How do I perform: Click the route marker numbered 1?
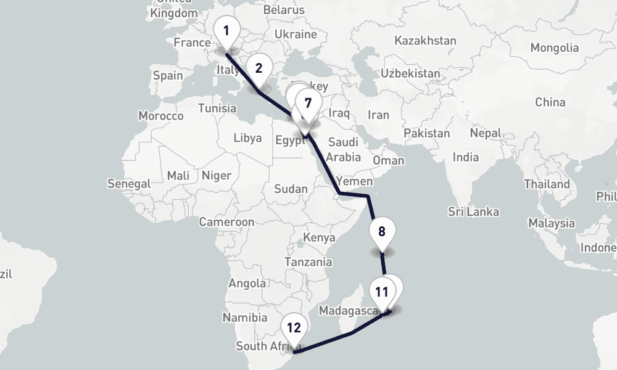226,31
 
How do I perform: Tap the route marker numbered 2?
259,69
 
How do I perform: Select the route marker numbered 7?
308,104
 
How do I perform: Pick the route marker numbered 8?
381,233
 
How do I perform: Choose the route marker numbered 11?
381,292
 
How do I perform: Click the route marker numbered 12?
294,328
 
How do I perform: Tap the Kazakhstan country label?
426,41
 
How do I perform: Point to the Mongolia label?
555,47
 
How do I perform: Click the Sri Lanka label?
474,212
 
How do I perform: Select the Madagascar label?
349,310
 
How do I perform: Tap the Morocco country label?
161,116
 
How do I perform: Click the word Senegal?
129,184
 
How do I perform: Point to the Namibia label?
245,318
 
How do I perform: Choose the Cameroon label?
226,222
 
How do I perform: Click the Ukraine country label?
296,34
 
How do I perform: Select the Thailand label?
547,184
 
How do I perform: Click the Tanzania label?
308,261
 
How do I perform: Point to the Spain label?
168,75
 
